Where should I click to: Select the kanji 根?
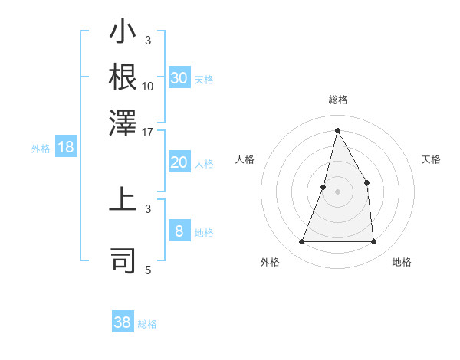pos(123,77)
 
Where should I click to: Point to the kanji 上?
pos(123,201)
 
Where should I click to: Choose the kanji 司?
pos(123,260)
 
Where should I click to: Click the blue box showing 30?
pos(179,78)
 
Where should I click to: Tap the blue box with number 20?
pos(179,162)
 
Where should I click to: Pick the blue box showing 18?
pos(66,147)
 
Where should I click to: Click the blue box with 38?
pos(123,322)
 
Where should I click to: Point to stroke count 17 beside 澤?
pos(148,131)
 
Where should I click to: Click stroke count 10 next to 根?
pos(148,86)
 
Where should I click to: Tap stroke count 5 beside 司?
pos(148,270)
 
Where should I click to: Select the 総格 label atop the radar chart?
pos(337,100)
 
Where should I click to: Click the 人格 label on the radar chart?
pos(245,159)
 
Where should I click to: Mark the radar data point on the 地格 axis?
pos(374,242)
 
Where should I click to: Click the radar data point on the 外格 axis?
pos(301,242)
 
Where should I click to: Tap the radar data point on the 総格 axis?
pos(337,130)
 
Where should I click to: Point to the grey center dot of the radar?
pos(337,191)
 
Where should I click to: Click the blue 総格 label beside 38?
pos(148,324)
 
